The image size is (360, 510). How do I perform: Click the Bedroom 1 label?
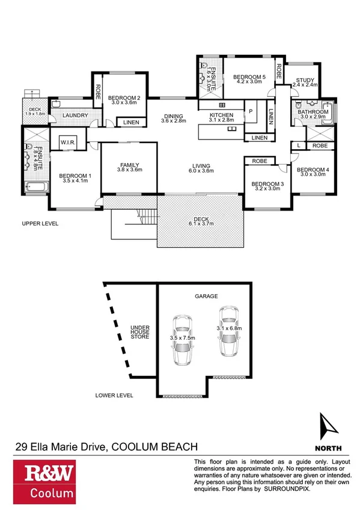click(x=73, y=176)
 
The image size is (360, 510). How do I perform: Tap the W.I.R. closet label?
click(x=67, y=143)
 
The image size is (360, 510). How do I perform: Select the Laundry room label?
click(x=76, y=115)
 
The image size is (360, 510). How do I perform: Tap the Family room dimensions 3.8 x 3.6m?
click(x=129, y=170)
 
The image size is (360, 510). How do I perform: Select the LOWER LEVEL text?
click(x=114, y=396)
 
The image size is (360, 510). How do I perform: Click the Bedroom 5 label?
click(x=249, y=76)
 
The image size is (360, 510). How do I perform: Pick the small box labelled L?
click(x=299, y=146)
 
